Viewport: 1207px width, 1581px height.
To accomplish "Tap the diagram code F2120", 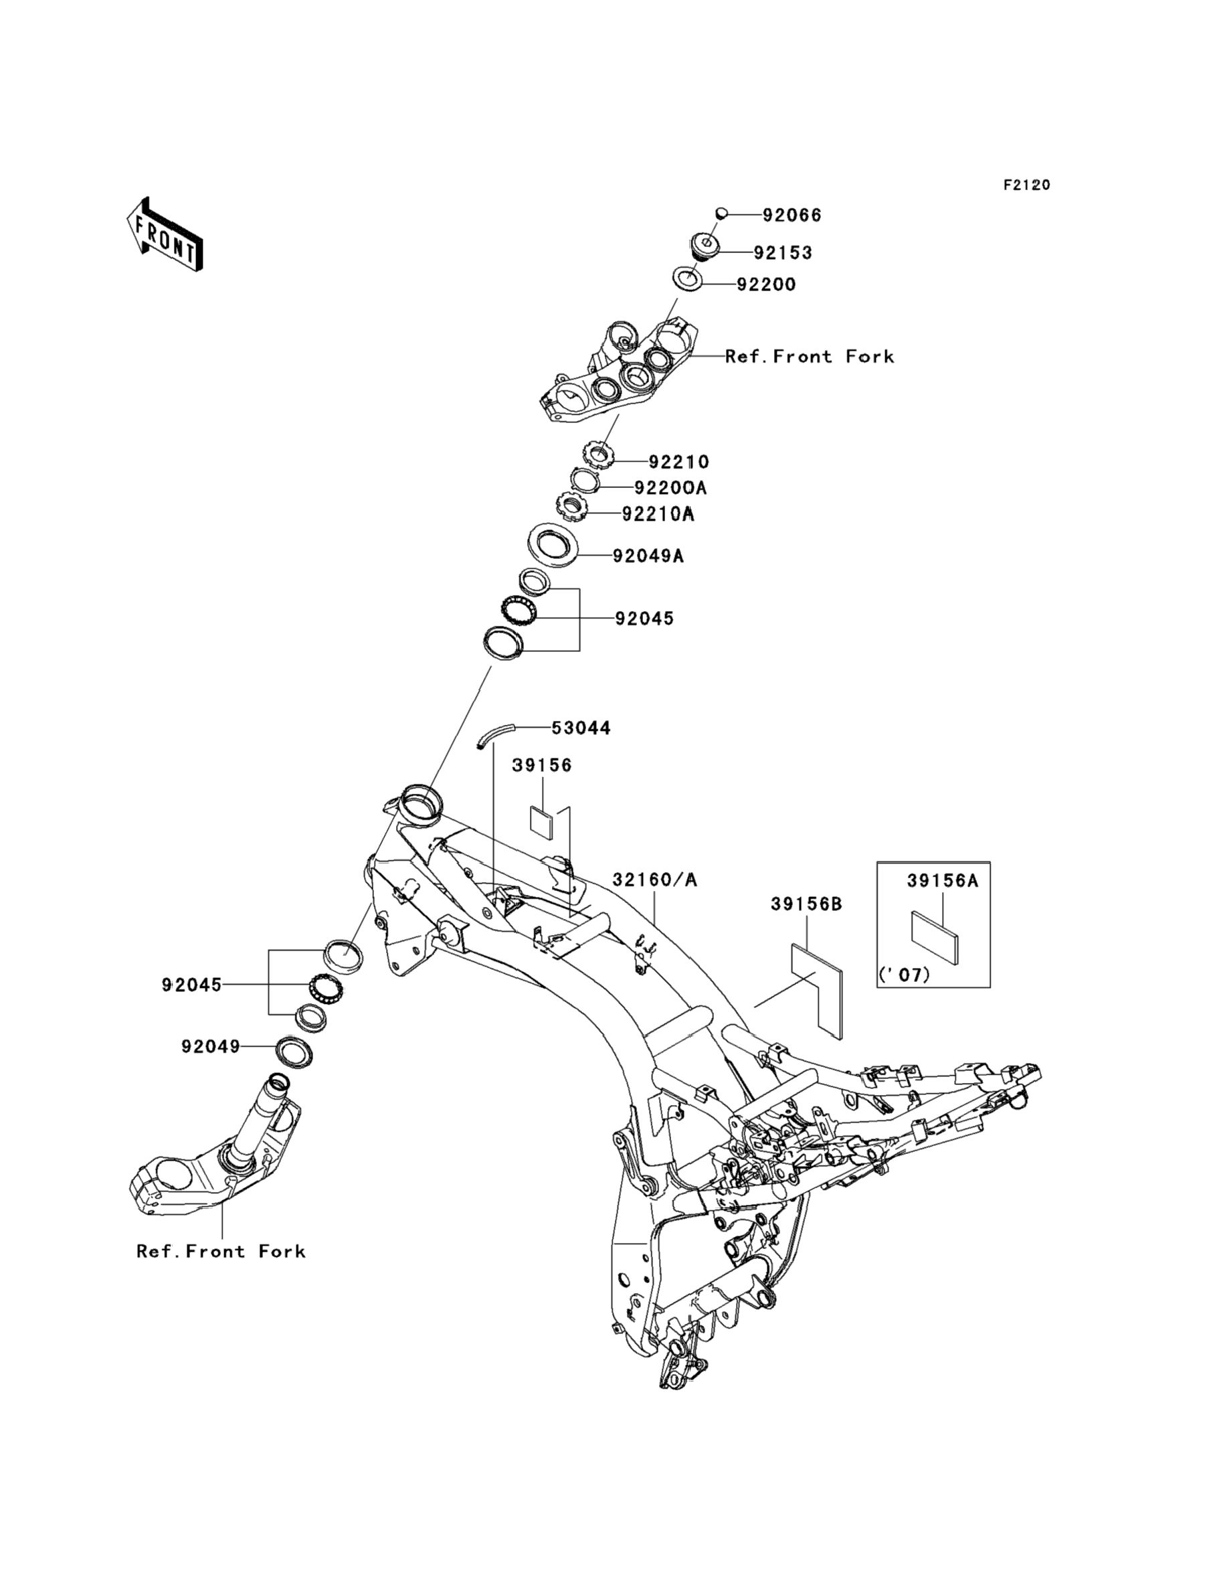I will [1026, 185].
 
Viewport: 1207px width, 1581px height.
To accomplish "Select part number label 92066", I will [792, 216].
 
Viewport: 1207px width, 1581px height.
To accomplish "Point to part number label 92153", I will [782, 253].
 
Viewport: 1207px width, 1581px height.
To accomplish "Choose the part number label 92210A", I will [658, 515].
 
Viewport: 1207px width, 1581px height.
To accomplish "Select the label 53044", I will [581, 729].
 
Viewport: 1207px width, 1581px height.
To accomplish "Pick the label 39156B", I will [806, 904].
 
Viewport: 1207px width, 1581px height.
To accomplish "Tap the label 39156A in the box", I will [942, 880].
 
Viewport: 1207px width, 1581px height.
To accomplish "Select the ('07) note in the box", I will [904, 975].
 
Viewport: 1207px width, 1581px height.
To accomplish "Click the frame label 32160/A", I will [654, 880].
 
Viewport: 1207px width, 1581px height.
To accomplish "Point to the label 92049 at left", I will [211, 1047].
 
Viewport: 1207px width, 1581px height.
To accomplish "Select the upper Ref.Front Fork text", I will [809, 357].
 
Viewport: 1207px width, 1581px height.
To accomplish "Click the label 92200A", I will [670, 488].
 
